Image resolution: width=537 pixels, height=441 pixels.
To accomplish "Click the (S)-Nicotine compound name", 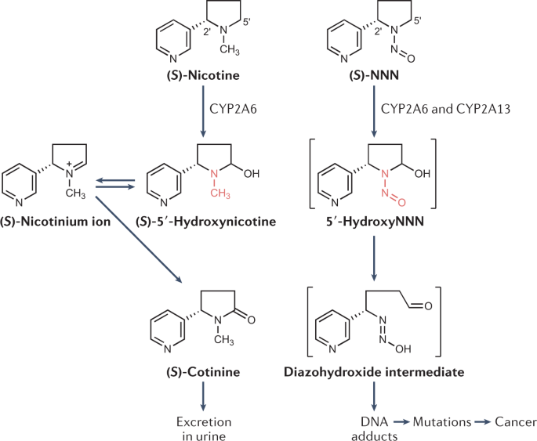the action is pos(203,76).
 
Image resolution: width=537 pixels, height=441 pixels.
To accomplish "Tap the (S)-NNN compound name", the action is pos(374,76).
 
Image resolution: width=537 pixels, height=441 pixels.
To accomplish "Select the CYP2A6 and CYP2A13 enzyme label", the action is pos(445,109).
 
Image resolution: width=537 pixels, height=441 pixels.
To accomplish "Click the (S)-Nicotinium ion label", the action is pos(56,222).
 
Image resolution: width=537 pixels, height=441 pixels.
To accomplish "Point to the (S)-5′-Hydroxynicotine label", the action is pos(206,222).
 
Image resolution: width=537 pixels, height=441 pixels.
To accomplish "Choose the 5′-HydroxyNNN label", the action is pos(375,222).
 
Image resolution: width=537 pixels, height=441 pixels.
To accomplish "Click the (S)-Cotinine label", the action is pos(203,372).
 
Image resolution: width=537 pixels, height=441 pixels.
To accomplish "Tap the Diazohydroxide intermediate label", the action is pos(374,372).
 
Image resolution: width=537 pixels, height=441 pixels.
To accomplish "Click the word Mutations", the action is pos(442,422).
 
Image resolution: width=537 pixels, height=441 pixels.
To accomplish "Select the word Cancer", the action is pos(516,422).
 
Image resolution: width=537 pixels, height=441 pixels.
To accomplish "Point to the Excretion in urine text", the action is pos(204,428).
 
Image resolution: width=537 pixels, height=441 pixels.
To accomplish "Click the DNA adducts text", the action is pos(374,428).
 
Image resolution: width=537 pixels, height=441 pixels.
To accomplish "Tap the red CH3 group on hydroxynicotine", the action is pos(220,193).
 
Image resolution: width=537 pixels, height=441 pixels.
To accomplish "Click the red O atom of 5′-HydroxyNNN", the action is pos(401,202).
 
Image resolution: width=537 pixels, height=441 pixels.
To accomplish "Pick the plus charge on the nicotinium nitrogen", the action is pos(70,164).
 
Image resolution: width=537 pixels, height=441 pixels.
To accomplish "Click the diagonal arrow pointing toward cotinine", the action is pos(138,239).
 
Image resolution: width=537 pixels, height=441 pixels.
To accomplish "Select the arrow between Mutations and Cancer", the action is pos(483,422).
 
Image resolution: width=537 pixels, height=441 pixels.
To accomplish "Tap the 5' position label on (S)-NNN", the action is pos(418,21).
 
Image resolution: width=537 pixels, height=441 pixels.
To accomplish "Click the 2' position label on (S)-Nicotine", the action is pos(207,32).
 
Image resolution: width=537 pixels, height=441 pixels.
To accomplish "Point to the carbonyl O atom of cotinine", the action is pos(251,320).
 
